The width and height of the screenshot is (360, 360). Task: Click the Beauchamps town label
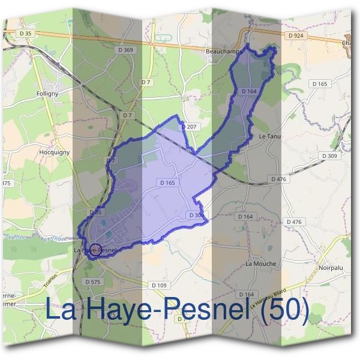pos(223,52)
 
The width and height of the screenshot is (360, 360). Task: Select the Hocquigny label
pos(56,152)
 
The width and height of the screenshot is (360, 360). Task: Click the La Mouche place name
pos(261,263)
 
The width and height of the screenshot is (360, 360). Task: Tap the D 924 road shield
pos(296,36)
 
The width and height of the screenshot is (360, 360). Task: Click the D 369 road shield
pos(126,50)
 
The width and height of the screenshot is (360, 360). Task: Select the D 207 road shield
pos(190,127)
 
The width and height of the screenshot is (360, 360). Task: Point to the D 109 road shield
pos(159,285)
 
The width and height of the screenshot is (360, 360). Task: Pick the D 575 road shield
pos(93,281)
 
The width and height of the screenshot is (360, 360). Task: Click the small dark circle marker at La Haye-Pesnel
pos(95,249)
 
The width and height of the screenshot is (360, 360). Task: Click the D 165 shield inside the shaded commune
pos(167,182)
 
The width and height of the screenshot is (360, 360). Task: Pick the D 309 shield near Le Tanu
pos(329,155)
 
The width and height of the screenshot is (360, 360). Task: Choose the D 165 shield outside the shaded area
pos(320,83)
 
